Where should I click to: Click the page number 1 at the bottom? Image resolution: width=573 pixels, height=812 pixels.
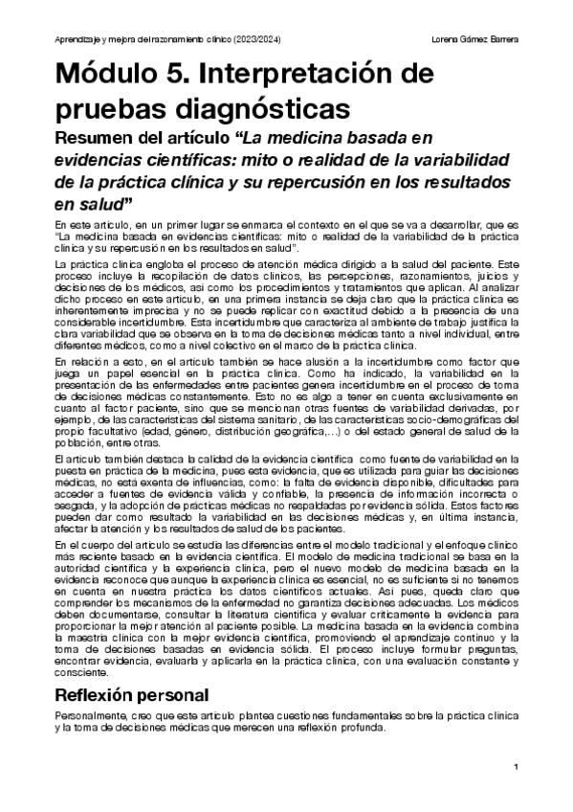pos(516,767)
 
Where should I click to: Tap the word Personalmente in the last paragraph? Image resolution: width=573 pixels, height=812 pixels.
pos(92,689)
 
